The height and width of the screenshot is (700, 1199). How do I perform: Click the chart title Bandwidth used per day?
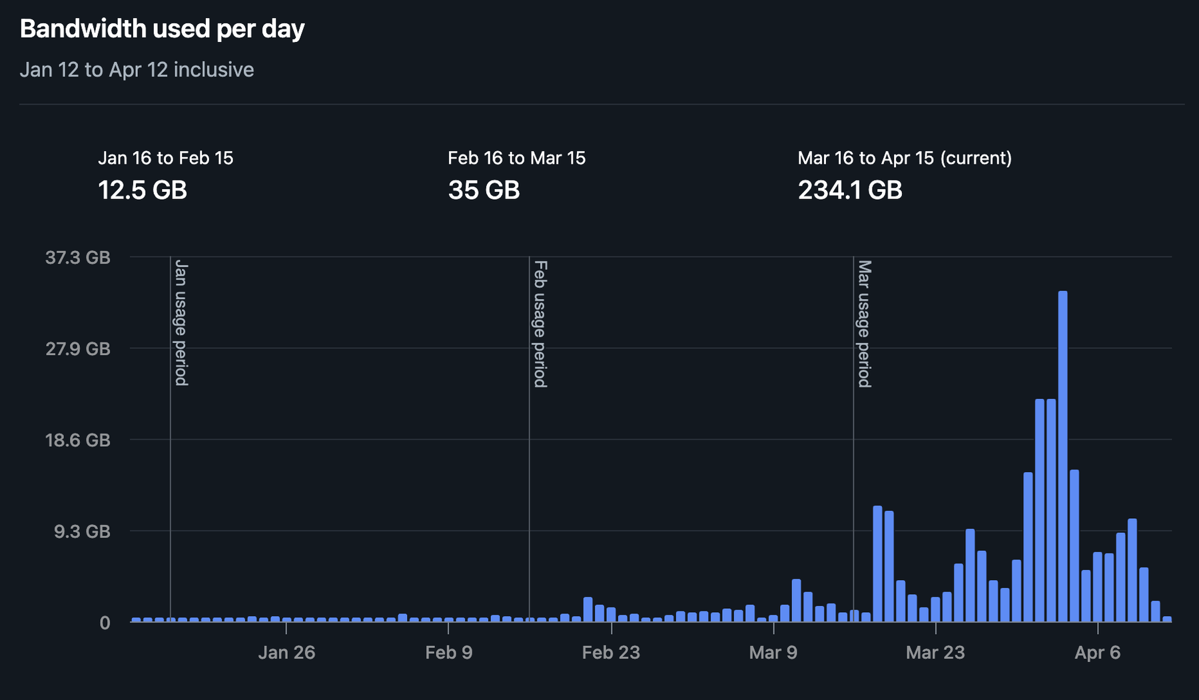pos(162,29)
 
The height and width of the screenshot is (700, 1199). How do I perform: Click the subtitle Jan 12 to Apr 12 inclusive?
pos(137,69)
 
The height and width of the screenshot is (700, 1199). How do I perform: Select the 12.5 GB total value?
pos(142,190)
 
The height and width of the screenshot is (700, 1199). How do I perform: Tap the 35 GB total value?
pos(484,190)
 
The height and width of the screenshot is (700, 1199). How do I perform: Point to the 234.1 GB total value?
pos(850,190)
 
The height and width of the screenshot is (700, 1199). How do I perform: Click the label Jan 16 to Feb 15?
pos(165,158)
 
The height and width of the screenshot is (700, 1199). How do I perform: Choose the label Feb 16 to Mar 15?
pos(516,158)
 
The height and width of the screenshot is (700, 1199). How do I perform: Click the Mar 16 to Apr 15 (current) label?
pos(905,158)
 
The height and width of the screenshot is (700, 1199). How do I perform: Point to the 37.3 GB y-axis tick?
pos(78,257)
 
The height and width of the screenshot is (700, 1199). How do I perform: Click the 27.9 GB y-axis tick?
pos(78,348)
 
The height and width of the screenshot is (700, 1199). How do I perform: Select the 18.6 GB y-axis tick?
pos(78,440)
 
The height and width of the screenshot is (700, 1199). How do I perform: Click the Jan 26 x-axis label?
pos(286,652)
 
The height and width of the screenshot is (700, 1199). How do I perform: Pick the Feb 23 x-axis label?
pos(611,652)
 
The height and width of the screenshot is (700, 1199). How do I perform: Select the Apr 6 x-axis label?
pos(1097,652)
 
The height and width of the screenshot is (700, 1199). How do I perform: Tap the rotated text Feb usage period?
pos(540,324)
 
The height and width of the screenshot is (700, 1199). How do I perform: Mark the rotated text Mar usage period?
pos(864,324)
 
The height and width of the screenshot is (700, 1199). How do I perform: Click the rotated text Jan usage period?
pos(181,322)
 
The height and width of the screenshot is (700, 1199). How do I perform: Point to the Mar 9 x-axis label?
pos(773,652)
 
